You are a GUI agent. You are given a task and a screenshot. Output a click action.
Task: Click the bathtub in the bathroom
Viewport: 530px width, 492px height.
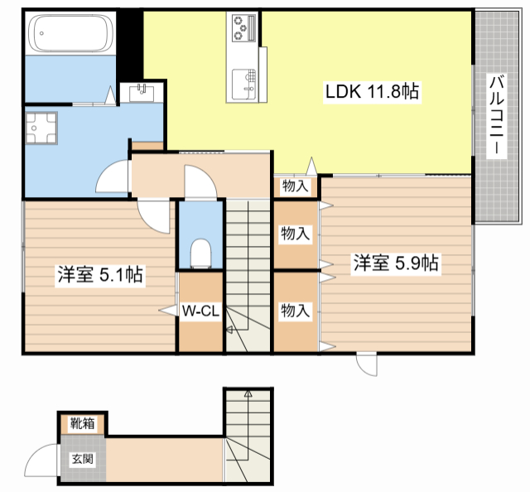coord(71,33)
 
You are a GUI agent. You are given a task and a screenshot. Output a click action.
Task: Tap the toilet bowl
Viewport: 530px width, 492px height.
coord(200,253)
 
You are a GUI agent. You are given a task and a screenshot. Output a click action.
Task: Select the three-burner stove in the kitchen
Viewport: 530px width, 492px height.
coord(242,27)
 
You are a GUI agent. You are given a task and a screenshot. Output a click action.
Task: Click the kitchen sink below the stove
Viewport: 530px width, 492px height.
coord(243,84)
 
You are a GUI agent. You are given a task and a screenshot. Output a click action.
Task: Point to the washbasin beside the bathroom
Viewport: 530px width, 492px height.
coord(142,92)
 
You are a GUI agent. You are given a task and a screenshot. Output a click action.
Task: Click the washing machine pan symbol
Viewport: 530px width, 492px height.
coord(41,128)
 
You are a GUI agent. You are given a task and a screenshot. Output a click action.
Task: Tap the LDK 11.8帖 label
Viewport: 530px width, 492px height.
coord(372,92)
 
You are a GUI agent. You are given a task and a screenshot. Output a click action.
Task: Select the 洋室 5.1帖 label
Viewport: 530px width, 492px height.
coord(100,274)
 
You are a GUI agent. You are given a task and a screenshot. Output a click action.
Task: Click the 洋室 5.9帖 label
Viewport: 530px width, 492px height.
coord(396,263)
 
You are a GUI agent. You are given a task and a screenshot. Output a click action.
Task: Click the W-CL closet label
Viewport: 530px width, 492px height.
coord(200,311)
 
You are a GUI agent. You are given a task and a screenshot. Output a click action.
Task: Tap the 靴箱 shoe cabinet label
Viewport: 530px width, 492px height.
coord(82,423)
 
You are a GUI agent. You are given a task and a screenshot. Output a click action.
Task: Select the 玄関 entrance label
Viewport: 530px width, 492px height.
coord(83,459)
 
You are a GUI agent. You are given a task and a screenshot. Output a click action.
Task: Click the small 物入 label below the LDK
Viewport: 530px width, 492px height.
coord(296,186)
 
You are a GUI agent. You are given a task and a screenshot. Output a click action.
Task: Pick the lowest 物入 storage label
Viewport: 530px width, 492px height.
coord(296,310)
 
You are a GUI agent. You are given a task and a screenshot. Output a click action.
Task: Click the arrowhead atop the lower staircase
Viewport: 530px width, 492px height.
coord(248,393)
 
